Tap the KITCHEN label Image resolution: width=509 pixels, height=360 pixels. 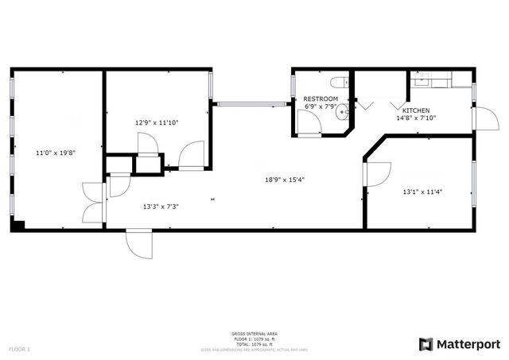pyautogui.click(x=416, y=110)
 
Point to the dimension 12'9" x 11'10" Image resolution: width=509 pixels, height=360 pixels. pyautogui.click(x=157, y=122)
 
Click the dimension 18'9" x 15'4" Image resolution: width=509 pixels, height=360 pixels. pyautogui.click(x=285, y=179)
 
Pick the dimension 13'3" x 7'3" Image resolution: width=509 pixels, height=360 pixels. pyautogui.click(x=161, y=207)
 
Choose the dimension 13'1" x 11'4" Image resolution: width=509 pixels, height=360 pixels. pyautogui.click(x=421, y=192)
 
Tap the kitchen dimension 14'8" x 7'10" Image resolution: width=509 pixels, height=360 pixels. pyautogui.click(x=416, y=118)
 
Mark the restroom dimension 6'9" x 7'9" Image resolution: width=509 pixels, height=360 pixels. pyautogui.click(x=321, y=106)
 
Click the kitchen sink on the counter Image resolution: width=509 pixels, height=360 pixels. pyautogui.click(x=422, y=79)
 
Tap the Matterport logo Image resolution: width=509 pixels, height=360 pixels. pyautogui.click(x=460, y=343)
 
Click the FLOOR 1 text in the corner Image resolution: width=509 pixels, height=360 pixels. pyautogui.click(x=20, y=349)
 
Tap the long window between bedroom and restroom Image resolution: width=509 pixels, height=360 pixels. pyautogui.click(x=251, y=102)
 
